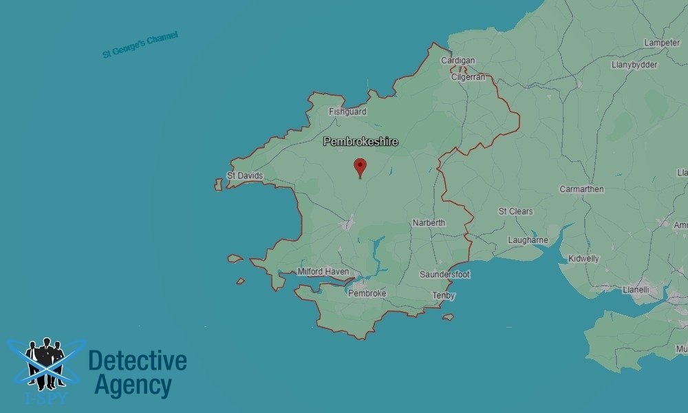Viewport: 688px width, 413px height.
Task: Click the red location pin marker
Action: click(x=359, y=167)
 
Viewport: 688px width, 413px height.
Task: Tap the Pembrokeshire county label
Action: click(x=361, y=142)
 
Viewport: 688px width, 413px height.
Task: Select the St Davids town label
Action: click(x=245, y=176)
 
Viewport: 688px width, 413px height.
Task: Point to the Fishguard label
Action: click(x=347, y=112)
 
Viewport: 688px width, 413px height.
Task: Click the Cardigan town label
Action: click(x=458, y=61)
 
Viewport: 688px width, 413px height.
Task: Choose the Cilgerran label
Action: click(x=468, y=77)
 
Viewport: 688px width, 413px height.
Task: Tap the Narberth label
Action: click(x=429, y=223)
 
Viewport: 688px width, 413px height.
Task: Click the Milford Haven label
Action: click(x=323, y=272)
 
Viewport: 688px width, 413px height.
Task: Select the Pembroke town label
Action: click(x=367, y=293)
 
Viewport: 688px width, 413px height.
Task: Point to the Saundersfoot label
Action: click(x=445, y=275)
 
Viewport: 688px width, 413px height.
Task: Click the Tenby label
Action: click(x=444, y=295)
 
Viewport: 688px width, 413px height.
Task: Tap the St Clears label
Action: click(x=515, y=211)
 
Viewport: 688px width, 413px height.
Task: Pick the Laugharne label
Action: click(x=528, y=240)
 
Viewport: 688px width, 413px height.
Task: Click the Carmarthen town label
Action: click(x=581, y=189)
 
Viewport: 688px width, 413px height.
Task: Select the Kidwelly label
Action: click(x=583, y=259)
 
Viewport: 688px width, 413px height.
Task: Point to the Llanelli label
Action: click(x=635, y=290)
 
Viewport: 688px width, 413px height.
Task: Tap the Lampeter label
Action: click(x=662, y=43)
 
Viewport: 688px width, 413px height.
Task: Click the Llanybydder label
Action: click(x=634, y=65)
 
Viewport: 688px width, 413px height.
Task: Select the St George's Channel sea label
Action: click(x=140, y=45)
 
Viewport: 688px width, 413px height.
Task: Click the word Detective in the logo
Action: click(x=138, y=360)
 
